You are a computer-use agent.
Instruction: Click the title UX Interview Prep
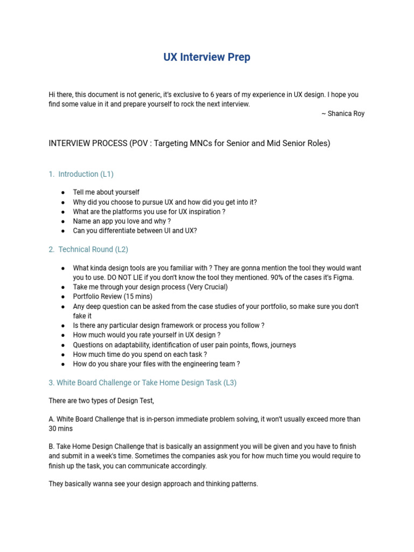[x=207, y=57]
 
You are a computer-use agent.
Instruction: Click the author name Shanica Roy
[x=346, y=114]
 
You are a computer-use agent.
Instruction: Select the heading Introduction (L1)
[x=86, y=174]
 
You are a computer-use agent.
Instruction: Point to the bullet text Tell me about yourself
[x=106, y=192]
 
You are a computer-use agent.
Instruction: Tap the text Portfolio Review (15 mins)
[x=113, y=296]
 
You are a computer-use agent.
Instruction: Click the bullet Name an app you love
[x=122, y=221]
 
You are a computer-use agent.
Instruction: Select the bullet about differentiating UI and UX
[x=135, y=231]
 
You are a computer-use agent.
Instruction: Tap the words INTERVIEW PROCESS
[x=86, y=144]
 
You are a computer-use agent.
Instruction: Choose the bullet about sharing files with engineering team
[x=156, y=364]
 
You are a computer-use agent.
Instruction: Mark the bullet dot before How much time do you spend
[x=63, y=355]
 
